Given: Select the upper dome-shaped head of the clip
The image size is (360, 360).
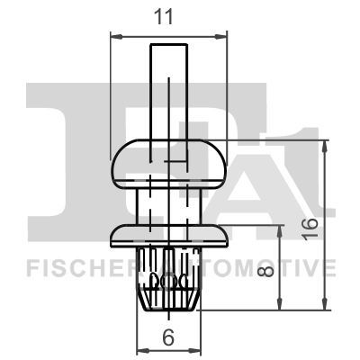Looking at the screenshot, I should [x=168, y=161].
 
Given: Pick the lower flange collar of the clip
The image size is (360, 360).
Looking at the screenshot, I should [x=168, y=236].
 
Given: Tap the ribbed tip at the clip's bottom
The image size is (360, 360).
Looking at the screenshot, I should [x=168, y=288].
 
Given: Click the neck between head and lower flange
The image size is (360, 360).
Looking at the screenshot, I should [x=168, y=202].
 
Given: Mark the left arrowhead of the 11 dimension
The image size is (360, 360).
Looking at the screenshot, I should [x=114, y=36].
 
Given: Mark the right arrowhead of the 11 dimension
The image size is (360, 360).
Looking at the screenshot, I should [x=222, y=36].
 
